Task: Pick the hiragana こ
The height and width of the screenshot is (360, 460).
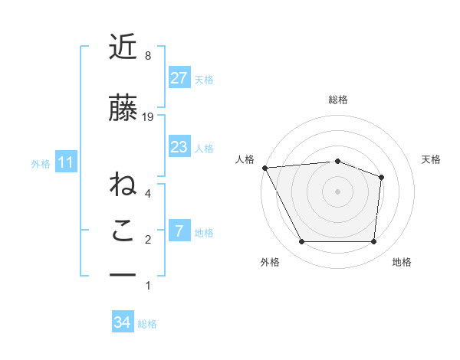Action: [x=123, y=231]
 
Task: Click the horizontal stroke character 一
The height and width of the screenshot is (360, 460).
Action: [x=123, y=275]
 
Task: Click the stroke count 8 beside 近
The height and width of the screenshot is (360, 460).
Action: [x=148, y=56]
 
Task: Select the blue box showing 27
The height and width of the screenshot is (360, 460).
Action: [x=179, y=78]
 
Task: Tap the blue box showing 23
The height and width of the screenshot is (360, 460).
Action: [x=179, y=147]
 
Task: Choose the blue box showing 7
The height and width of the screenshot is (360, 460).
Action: [x=179, y=231]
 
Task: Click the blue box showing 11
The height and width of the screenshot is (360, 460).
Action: [x=66, y=162]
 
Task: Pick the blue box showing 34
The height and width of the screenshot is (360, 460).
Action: [x=122, y=323]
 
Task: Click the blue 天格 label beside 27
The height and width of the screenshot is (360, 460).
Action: [x=204, y=79]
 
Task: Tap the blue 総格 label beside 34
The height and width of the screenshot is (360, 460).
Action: [x=147, y=324]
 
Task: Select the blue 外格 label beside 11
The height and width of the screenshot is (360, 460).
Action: [x=41, y=163]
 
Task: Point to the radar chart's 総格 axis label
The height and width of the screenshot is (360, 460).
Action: [x=337, y=100]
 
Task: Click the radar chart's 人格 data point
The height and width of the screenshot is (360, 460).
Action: [x=264, y=168]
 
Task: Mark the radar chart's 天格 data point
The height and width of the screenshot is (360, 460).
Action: [x=381, y=177]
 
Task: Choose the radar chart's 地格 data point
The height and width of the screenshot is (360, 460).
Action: [x=373, y=242]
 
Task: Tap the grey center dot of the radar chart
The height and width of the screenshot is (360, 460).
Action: [x=337, y=191]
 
